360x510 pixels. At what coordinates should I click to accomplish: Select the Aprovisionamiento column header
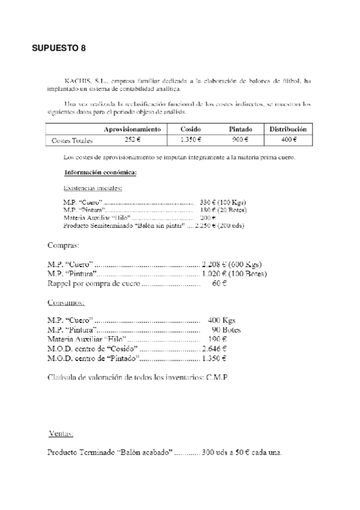point(132,129)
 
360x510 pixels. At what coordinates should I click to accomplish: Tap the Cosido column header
point(191,129)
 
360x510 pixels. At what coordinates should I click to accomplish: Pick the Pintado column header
point(240,129)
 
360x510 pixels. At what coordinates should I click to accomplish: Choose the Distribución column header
point(288,129)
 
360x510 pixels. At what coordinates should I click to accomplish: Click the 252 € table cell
point(132,141)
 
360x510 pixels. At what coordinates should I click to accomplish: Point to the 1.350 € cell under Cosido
point(191,141)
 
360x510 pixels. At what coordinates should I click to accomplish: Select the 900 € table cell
point(240,141)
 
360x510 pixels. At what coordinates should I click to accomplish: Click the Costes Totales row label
point(72,141)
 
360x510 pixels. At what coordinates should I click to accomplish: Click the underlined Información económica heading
point(100,173)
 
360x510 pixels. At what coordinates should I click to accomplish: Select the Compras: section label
point(63,245)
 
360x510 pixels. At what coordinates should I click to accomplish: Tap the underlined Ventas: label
point(61,433)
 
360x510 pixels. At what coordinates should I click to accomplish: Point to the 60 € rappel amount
point(219,283)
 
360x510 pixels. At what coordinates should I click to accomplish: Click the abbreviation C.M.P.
point(217,378)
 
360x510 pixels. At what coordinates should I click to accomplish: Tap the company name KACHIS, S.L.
point(82,80)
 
